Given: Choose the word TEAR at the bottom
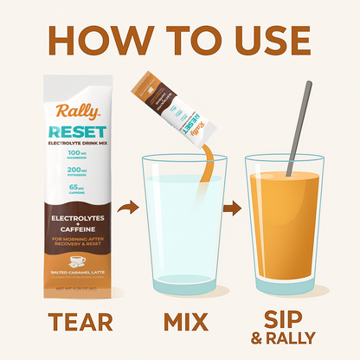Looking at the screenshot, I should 80,321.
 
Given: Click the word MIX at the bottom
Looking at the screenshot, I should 183,321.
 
